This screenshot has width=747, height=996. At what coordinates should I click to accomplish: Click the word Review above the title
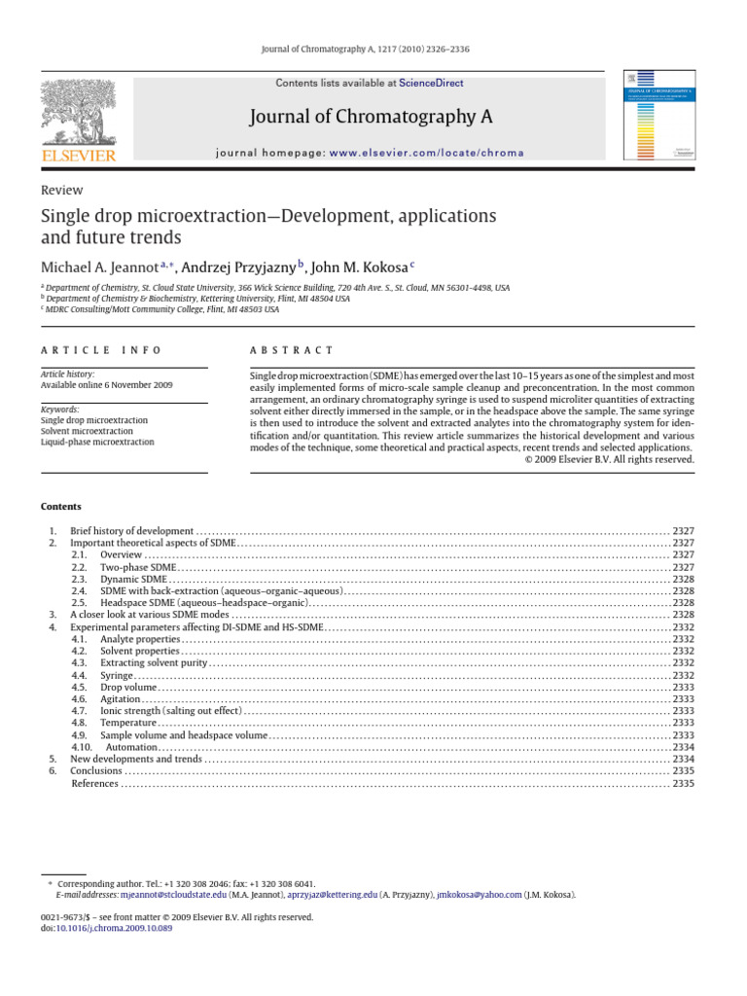tap(61, 191)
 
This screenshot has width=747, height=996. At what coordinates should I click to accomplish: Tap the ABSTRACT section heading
tap(292, 350)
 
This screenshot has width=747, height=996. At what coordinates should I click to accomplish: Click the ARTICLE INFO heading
tap(101, 350)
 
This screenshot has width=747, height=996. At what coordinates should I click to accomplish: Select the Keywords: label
tap(60, 409)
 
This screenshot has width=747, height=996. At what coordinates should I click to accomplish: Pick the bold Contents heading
tap(61, 507)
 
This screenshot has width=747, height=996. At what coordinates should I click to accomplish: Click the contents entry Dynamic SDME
tap(133, 579)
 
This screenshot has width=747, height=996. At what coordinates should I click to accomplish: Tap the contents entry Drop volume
tap(127, 686)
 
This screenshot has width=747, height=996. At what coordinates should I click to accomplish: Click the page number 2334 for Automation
tap(683, 747)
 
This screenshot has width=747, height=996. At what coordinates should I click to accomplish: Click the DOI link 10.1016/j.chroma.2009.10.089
tap(115, 929)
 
